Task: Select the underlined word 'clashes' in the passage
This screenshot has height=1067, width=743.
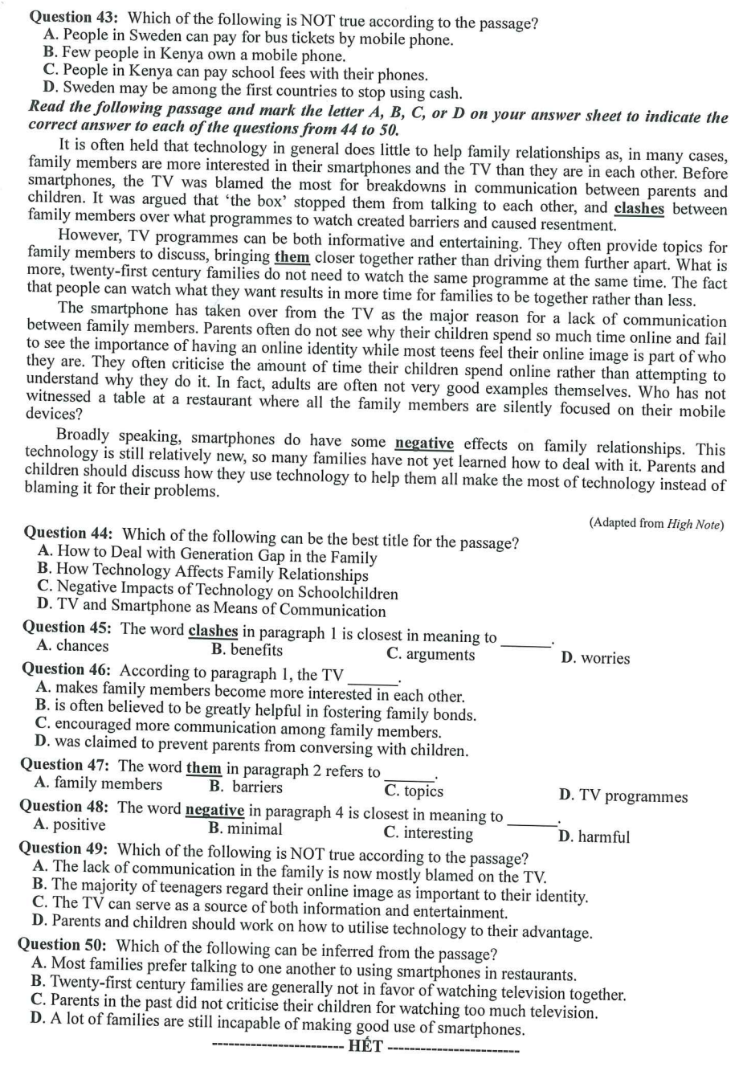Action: (639, 209)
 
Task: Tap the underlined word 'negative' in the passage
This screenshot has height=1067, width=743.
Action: (424, 444)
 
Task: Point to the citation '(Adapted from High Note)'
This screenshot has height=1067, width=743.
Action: (655, 524)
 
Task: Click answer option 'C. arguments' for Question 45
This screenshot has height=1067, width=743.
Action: (431, 654)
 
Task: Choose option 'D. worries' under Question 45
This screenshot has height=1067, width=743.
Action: (595, 658)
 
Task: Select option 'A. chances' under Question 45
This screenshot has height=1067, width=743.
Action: (72, 646)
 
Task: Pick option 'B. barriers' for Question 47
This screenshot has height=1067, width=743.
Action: (246, 787)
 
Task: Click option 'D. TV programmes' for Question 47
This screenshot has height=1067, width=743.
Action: (623, 796)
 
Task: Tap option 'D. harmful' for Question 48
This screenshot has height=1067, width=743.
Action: (594, 836)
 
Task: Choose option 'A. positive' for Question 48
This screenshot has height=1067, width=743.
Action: (70, 824)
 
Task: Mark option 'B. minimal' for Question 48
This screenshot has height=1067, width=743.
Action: (245, 828)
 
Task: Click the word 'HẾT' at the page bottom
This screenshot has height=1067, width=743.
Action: (365, 1046)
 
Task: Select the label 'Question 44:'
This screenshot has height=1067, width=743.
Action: (69, 533)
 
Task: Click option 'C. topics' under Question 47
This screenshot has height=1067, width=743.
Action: (414, 791)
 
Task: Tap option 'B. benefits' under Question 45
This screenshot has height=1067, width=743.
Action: (247, 649)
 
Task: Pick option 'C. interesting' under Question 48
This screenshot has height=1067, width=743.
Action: (428, 832)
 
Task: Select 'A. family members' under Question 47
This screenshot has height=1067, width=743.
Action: (98, 783)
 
